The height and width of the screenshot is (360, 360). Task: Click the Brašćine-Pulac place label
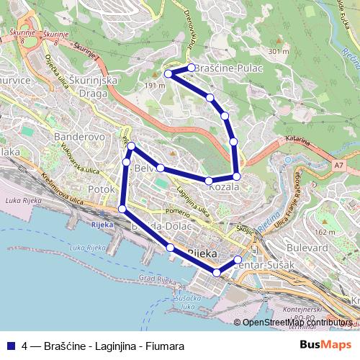pyautogui.click(x=229, y=68)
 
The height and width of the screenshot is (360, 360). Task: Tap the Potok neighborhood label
pyautogui.click(x=100, y=189)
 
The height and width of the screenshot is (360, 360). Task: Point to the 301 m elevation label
pyautogui.click(x=276, y=51)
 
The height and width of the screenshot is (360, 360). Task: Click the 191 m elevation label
pyautogui.click(x=155, y=85)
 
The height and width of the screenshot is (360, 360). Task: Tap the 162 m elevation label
pyautogui.click(x=325, y=233)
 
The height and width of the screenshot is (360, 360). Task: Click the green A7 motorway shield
pyautogui.click(x=338, y=166)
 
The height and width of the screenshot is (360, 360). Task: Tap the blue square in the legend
pyautogui.click(x=10, y=346)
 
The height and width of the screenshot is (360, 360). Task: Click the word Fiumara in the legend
pyautogui.click(x=166, y=346)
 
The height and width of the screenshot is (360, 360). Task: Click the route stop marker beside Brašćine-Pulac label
pyautogui.click(x=191, y=68)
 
